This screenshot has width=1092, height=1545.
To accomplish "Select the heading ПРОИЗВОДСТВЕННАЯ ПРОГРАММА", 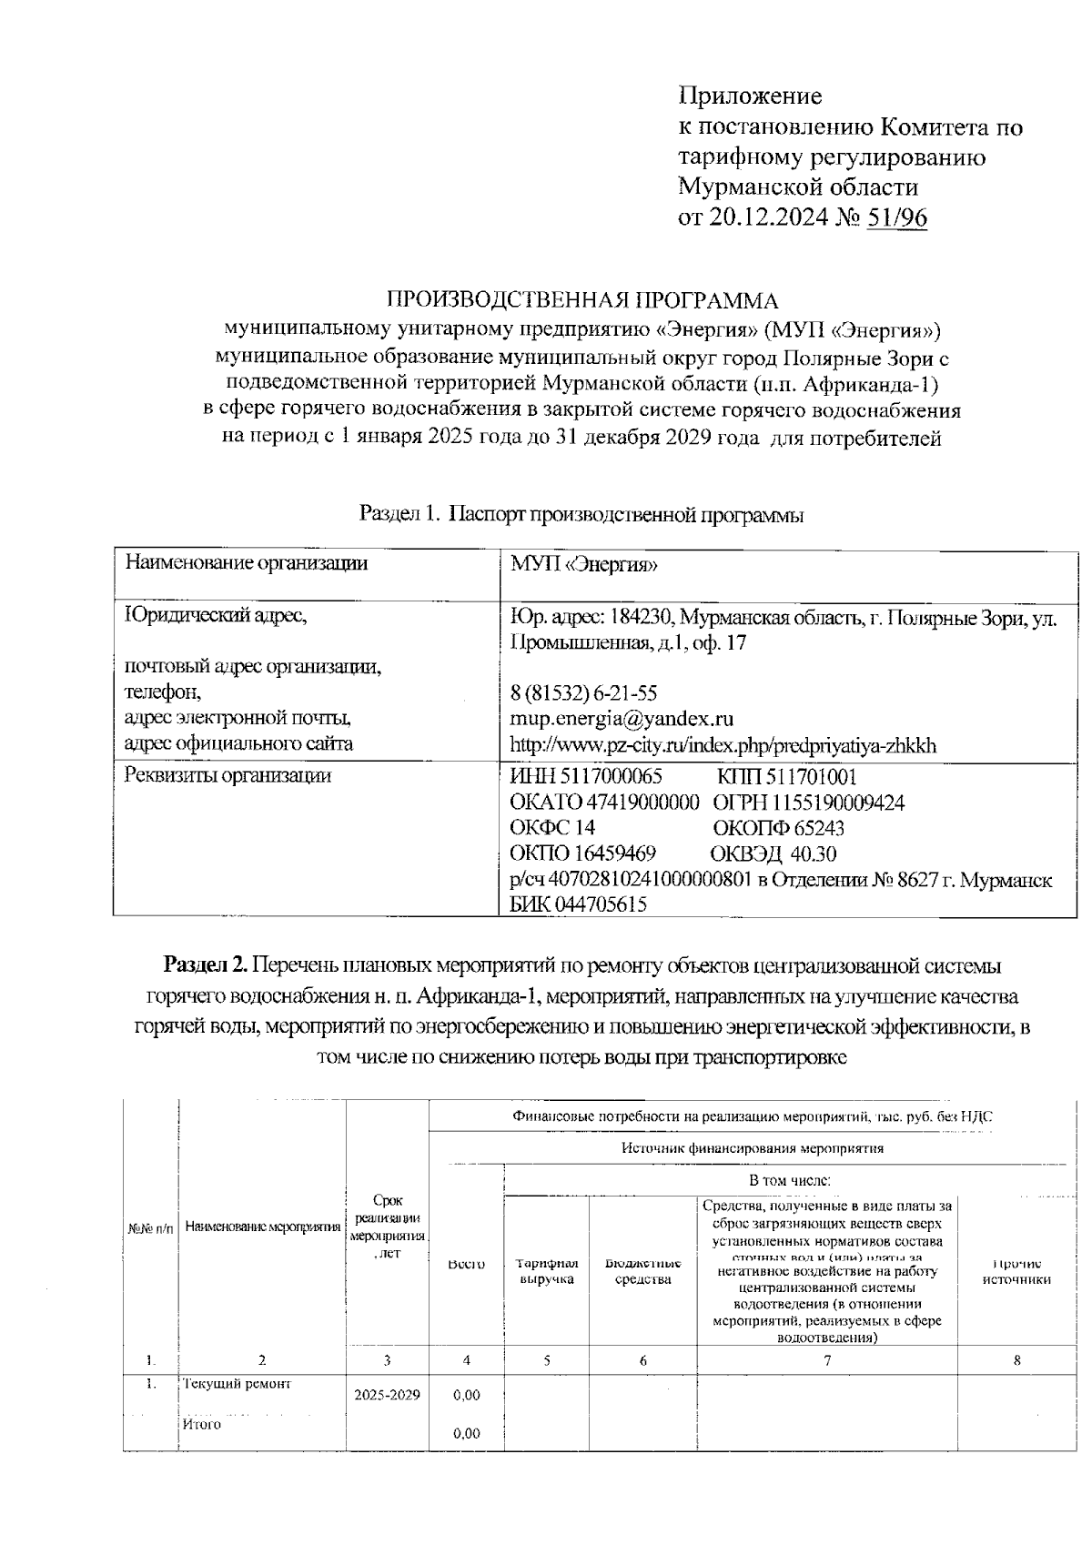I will tap(583, 300).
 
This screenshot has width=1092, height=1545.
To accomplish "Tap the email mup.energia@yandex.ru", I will tap(622, 719).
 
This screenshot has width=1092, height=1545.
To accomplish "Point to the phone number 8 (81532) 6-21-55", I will tap(583, 693).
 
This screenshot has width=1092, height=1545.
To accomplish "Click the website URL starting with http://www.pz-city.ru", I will tap(723, 745).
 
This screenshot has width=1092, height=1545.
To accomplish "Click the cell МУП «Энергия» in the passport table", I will tap(583, 564).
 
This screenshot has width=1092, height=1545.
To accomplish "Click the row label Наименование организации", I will tap(246, 563).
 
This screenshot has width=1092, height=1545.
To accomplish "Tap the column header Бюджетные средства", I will tap(643, 1271).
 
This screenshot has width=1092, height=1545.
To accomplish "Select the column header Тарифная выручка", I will tap(547, 1271).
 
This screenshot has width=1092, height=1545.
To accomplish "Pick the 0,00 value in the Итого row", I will tap(466, 1434).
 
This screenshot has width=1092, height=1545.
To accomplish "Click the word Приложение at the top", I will tap(750, 96).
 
